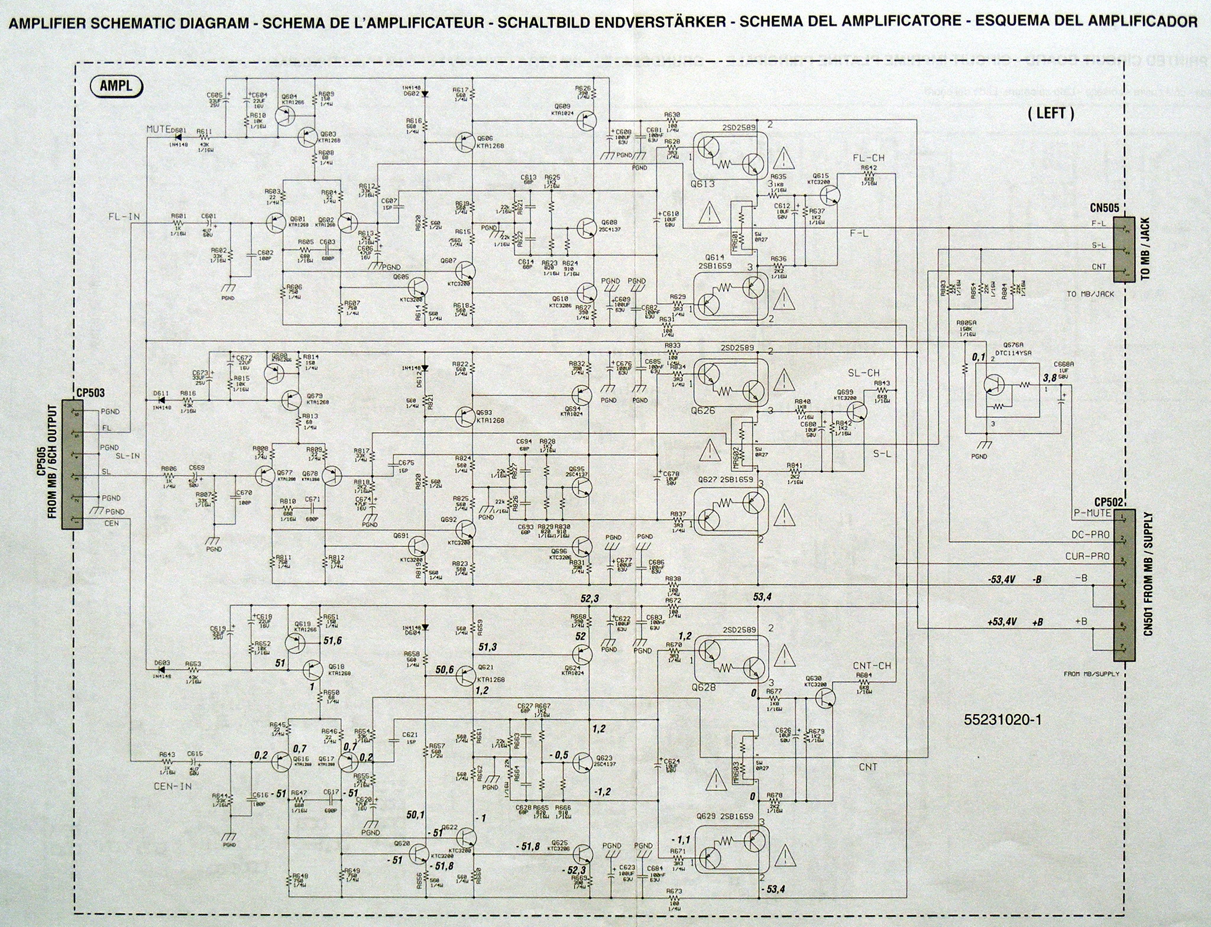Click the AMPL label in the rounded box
tap(116, 86)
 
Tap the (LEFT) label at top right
tap(1051, 113)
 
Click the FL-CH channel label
tap(868, 158)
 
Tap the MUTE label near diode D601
tap(159, 129)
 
